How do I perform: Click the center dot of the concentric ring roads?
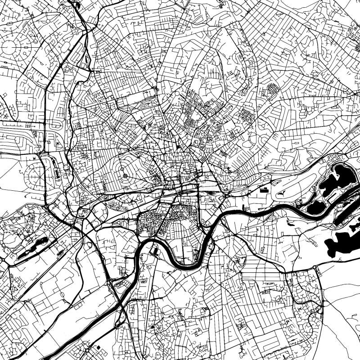[125, 176]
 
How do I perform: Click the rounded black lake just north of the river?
[316, 207]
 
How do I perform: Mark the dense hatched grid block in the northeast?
[272, 90]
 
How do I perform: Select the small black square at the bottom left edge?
[99, 348]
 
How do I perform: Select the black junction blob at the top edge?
[77, 5]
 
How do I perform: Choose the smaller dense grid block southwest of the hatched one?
[247, 115]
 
